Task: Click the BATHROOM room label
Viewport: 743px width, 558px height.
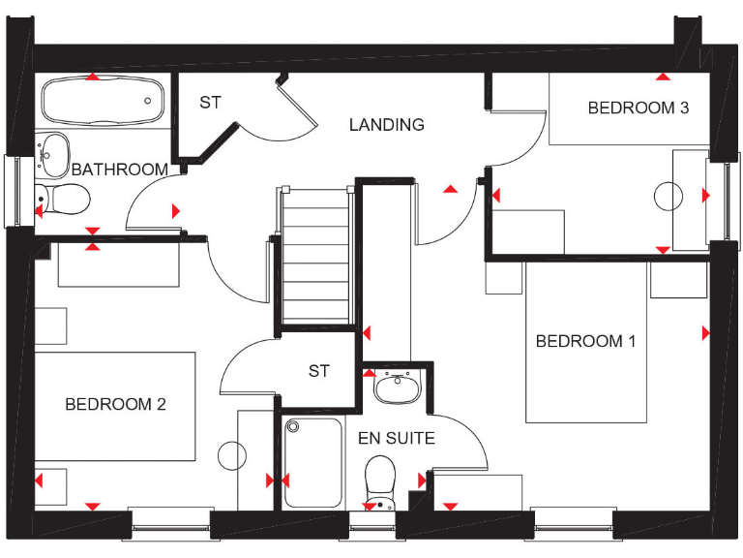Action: point(119,170)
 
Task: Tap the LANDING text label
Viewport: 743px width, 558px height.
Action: point(386,124)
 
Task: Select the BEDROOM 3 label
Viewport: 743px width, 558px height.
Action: point(638,108)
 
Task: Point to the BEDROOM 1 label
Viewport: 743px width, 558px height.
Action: point(585,341)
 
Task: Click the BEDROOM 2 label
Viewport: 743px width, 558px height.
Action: point(115,404)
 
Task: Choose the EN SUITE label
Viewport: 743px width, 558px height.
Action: point(396,438)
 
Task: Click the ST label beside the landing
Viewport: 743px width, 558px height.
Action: point(210,102)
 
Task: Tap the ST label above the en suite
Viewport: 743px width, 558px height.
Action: point(319,371)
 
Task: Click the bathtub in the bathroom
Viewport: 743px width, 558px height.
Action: point(102,99)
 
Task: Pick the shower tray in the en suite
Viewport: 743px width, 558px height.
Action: point(313,461)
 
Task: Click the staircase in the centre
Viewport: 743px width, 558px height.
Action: point(315,257)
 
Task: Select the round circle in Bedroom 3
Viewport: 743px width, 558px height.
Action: point(669,197)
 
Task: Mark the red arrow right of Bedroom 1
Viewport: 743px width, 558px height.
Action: point(705,333)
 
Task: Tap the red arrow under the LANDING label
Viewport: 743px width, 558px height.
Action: point(450,189)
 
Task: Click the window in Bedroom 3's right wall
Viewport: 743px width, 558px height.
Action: point(727,198)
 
